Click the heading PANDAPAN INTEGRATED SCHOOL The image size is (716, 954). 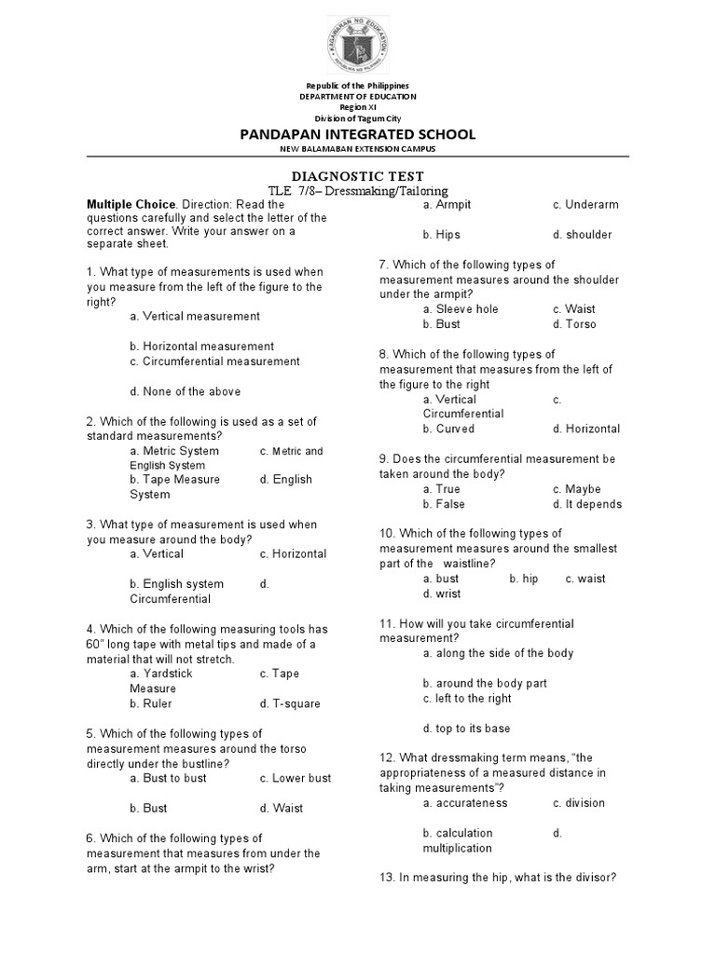pyautogui.click(x=358, y=134)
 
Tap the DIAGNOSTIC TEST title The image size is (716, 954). pyautogui.click(x=358, y=175)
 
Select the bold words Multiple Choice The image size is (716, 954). pyautogui.click(x=131, y=204)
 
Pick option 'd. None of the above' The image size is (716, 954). pyautogui.click(x=185, y=391)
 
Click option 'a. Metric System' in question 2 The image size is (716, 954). pyautogui.click(x=174, y=451)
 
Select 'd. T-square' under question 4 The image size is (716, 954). pyautogui.click(x=290, y=703)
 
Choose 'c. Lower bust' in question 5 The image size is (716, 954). pyautogui.click(x=295, y=778)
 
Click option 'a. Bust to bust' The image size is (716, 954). pyautogui.click(x=168, y=778)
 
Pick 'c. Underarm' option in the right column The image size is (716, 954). pyautogui.click(x=585, y=205)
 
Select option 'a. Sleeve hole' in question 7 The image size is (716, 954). pyautogui.click(x=460, y=309)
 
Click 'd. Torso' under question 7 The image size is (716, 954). pyautogui.click(x=573, y=324)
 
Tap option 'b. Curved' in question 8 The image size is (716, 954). pyautogui.click(x=447, y=429)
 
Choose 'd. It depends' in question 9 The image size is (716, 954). pyautogui.click(x=586, y=504)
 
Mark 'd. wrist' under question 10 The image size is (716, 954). pyautogui.click(x=441, y=593)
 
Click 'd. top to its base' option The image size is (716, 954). pyautogui.click(x=466, y=729)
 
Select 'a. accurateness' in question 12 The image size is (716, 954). pyautogui.click(x=464, y=803)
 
